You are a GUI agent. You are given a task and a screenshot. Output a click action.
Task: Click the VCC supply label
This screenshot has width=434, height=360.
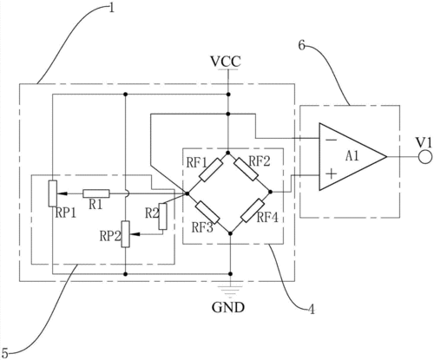coord(226,62)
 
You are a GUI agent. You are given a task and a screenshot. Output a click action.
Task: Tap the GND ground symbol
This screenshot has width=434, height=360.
coord(230,290)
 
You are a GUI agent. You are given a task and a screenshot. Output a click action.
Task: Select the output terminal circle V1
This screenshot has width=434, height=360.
coord(425,157)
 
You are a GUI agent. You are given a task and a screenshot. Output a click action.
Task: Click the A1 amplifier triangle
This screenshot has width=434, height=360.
coord(352,157)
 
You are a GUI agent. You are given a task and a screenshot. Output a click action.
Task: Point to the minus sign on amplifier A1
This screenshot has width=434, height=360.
coord(332,141)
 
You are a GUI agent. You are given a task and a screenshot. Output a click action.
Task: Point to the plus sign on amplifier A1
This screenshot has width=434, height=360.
coord(332,173)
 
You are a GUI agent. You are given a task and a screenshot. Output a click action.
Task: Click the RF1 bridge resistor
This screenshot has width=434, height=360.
coord(211,170)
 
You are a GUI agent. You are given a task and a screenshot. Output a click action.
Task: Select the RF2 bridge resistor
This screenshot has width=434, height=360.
coord(246,169)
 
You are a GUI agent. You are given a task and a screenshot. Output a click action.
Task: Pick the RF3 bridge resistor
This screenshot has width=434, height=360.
coord(207,213)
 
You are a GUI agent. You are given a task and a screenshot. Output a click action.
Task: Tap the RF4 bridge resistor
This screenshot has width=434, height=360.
coord(253,211)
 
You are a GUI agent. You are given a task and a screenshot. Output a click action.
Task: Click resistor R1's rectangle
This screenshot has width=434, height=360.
coord(96,193)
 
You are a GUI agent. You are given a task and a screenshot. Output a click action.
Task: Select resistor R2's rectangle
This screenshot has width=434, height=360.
coord(163,217)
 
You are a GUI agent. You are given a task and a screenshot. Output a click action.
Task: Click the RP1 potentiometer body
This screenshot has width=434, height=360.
coord(52,193)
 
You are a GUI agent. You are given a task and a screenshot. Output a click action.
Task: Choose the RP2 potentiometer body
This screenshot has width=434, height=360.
coord(125,234)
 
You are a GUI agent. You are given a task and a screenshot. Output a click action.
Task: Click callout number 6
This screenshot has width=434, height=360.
coord(302,45)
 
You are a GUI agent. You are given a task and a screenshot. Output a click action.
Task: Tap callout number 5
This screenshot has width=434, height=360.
coord(5,352)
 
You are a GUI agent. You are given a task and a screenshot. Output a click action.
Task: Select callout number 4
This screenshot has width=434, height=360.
coord(311,309)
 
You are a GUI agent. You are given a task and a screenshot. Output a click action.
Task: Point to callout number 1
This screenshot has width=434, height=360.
coord(111,7)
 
